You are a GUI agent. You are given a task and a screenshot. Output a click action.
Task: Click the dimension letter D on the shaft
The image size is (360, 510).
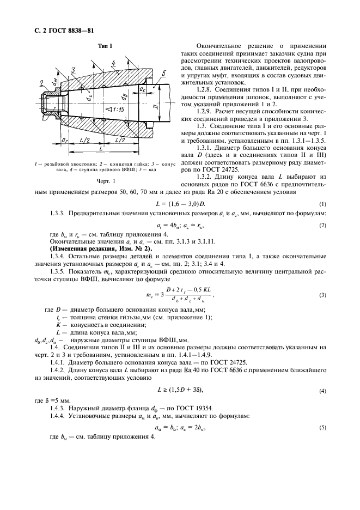(156, 114)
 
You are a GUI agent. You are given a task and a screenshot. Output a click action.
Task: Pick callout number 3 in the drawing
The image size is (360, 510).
(72, 69)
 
